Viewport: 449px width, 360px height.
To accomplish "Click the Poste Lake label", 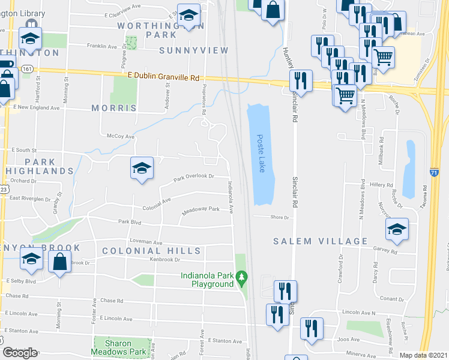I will click(261, 154).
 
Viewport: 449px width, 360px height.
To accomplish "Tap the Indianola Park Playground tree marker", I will click(242, 278).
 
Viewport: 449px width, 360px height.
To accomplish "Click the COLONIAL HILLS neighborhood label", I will click(151, 250).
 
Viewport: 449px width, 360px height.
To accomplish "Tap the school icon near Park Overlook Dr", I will click(142, 169).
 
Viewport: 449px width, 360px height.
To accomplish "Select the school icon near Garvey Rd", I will click(397, 230).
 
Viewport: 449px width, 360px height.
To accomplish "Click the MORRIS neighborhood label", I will click(114, 108).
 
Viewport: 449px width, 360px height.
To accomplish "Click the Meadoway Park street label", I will click(201, 212).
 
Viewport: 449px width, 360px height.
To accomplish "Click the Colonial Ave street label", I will click(157, 204).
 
